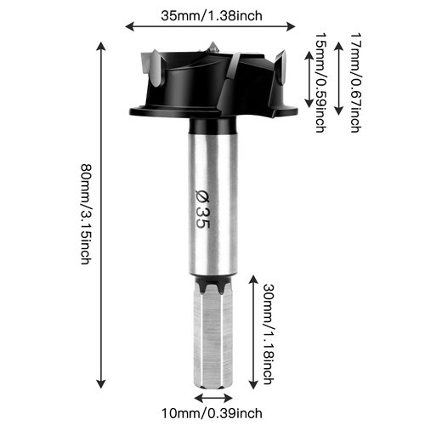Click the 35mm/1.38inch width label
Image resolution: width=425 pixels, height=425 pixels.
[x=212, y=14]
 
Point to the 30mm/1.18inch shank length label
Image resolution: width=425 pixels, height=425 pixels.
[x=269, y=332]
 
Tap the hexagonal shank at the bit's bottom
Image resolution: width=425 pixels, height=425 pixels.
[x=212, y=340]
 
